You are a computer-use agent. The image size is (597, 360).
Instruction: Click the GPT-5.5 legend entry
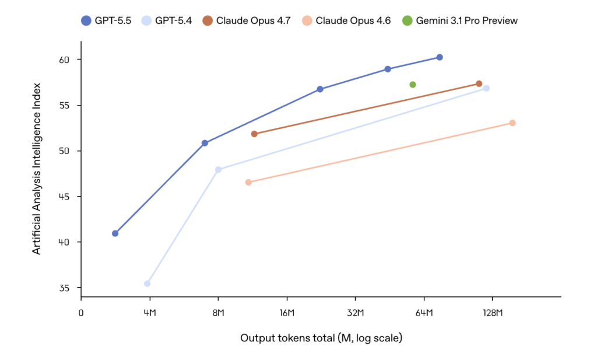(106, 20)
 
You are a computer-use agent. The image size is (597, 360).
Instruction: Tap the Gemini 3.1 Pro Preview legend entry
(459, 20)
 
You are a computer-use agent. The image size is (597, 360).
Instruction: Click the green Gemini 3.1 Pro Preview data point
(413, 85)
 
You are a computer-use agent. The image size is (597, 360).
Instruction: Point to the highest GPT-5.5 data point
(440, 57)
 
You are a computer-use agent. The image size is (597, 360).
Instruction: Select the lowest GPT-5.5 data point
(115, 233)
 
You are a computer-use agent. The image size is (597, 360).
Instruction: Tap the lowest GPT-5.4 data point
(147, 284)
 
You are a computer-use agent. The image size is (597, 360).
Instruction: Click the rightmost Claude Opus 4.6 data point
(512, 123)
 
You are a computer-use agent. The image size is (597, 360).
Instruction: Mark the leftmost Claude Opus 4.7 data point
(254, 134)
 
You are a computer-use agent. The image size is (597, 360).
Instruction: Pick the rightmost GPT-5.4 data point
(486, 88)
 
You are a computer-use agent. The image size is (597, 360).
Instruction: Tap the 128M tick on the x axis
(492, 313)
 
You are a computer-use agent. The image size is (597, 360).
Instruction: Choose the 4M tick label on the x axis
(149, 313)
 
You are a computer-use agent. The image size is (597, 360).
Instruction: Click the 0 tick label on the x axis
(81, 313)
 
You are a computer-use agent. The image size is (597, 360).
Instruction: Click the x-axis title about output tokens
(321, 338)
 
